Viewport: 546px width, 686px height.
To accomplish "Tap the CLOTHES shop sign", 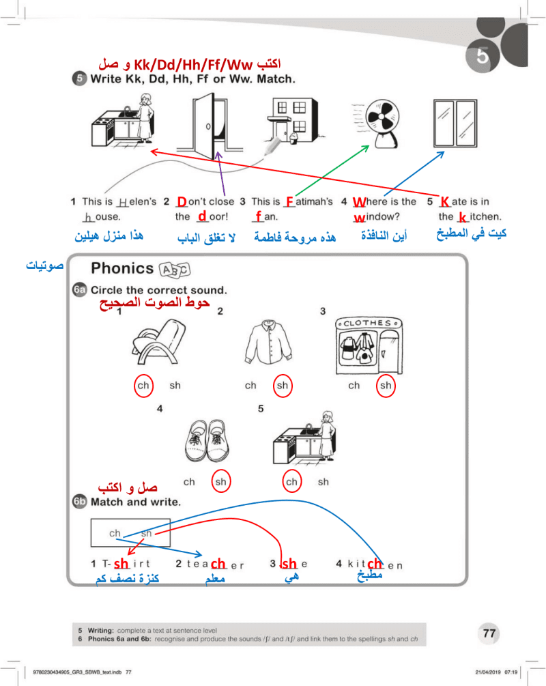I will [367, 324].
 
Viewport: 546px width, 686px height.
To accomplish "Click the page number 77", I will [489, 633].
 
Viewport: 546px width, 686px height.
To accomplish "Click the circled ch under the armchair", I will [143, 386].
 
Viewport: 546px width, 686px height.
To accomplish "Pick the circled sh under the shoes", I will [220, 482].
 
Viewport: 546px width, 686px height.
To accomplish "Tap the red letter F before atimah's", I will [289, 201].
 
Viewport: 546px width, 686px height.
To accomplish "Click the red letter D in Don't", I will [182, 201].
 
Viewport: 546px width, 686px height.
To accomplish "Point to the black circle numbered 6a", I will [80, 290].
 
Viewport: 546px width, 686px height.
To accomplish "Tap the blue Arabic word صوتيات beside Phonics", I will [44, 265].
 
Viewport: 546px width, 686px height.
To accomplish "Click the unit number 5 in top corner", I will [482, 57].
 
